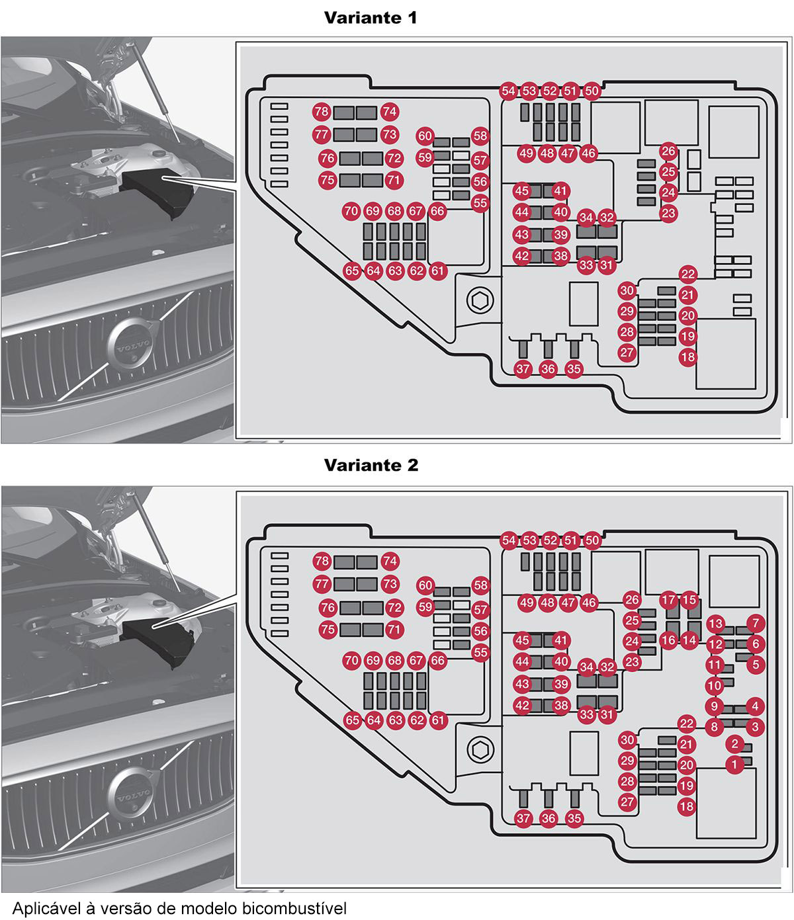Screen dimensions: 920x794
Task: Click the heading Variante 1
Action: pos(371,18)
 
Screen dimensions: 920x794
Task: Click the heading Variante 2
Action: pos(371,465)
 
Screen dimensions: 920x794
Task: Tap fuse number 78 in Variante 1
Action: pos(322,112)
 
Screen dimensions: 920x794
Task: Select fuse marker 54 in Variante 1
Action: pos(508,91)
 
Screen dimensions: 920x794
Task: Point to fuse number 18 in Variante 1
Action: pos(688,357)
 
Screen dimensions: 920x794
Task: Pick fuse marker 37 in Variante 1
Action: pos(523,369)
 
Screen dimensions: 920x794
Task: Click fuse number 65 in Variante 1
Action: pos(353,271)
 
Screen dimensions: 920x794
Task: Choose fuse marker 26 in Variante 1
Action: pos(668,151)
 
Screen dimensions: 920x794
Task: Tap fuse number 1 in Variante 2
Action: pos(734,765)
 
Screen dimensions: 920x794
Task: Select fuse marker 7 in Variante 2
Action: pos(756,622)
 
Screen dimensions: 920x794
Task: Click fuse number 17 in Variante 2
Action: pos(668,601)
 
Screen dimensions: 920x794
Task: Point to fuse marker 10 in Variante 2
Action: pos(714,686)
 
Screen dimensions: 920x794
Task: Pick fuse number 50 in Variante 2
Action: pos(592,541)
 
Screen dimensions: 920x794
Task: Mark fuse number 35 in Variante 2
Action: pos(574,819)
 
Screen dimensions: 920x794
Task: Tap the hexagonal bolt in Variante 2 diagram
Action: pos(480,749)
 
